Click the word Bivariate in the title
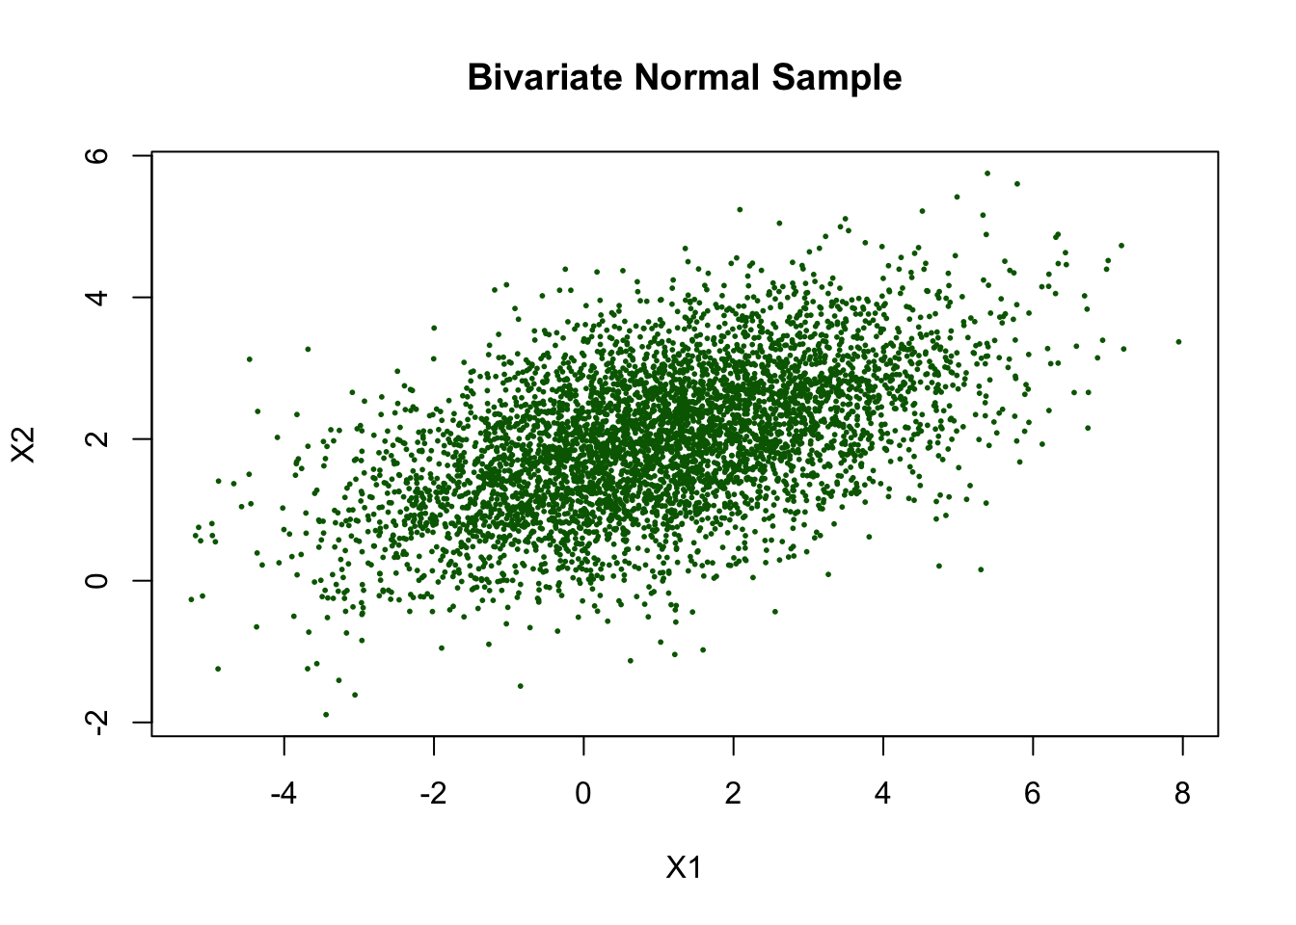point(545,77)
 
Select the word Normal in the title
point(696,77)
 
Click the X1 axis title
point(684,867)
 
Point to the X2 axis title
point(23,444)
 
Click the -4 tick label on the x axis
point(283,794)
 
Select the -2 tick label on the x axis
point(433,794)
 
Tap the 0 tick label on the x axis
point(583,794)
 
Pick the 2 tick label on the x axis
point(733,794)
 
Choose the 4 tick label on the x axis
point(883,794)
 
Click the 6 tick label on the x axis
point(1033,794)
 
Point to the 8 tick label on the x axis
point(1182,794)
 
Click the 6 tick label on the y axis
point(96,155)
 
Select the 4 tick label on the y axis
point(96,297)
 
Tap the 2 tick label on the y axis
point(96,438)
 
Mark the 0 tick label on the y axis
point(96,580)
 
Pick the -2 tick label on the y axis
point(96,722)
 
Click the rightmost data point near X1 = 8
point(1178,342)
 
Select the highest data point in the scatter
point(987,173)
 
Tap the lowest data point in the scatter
point(326,715)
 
